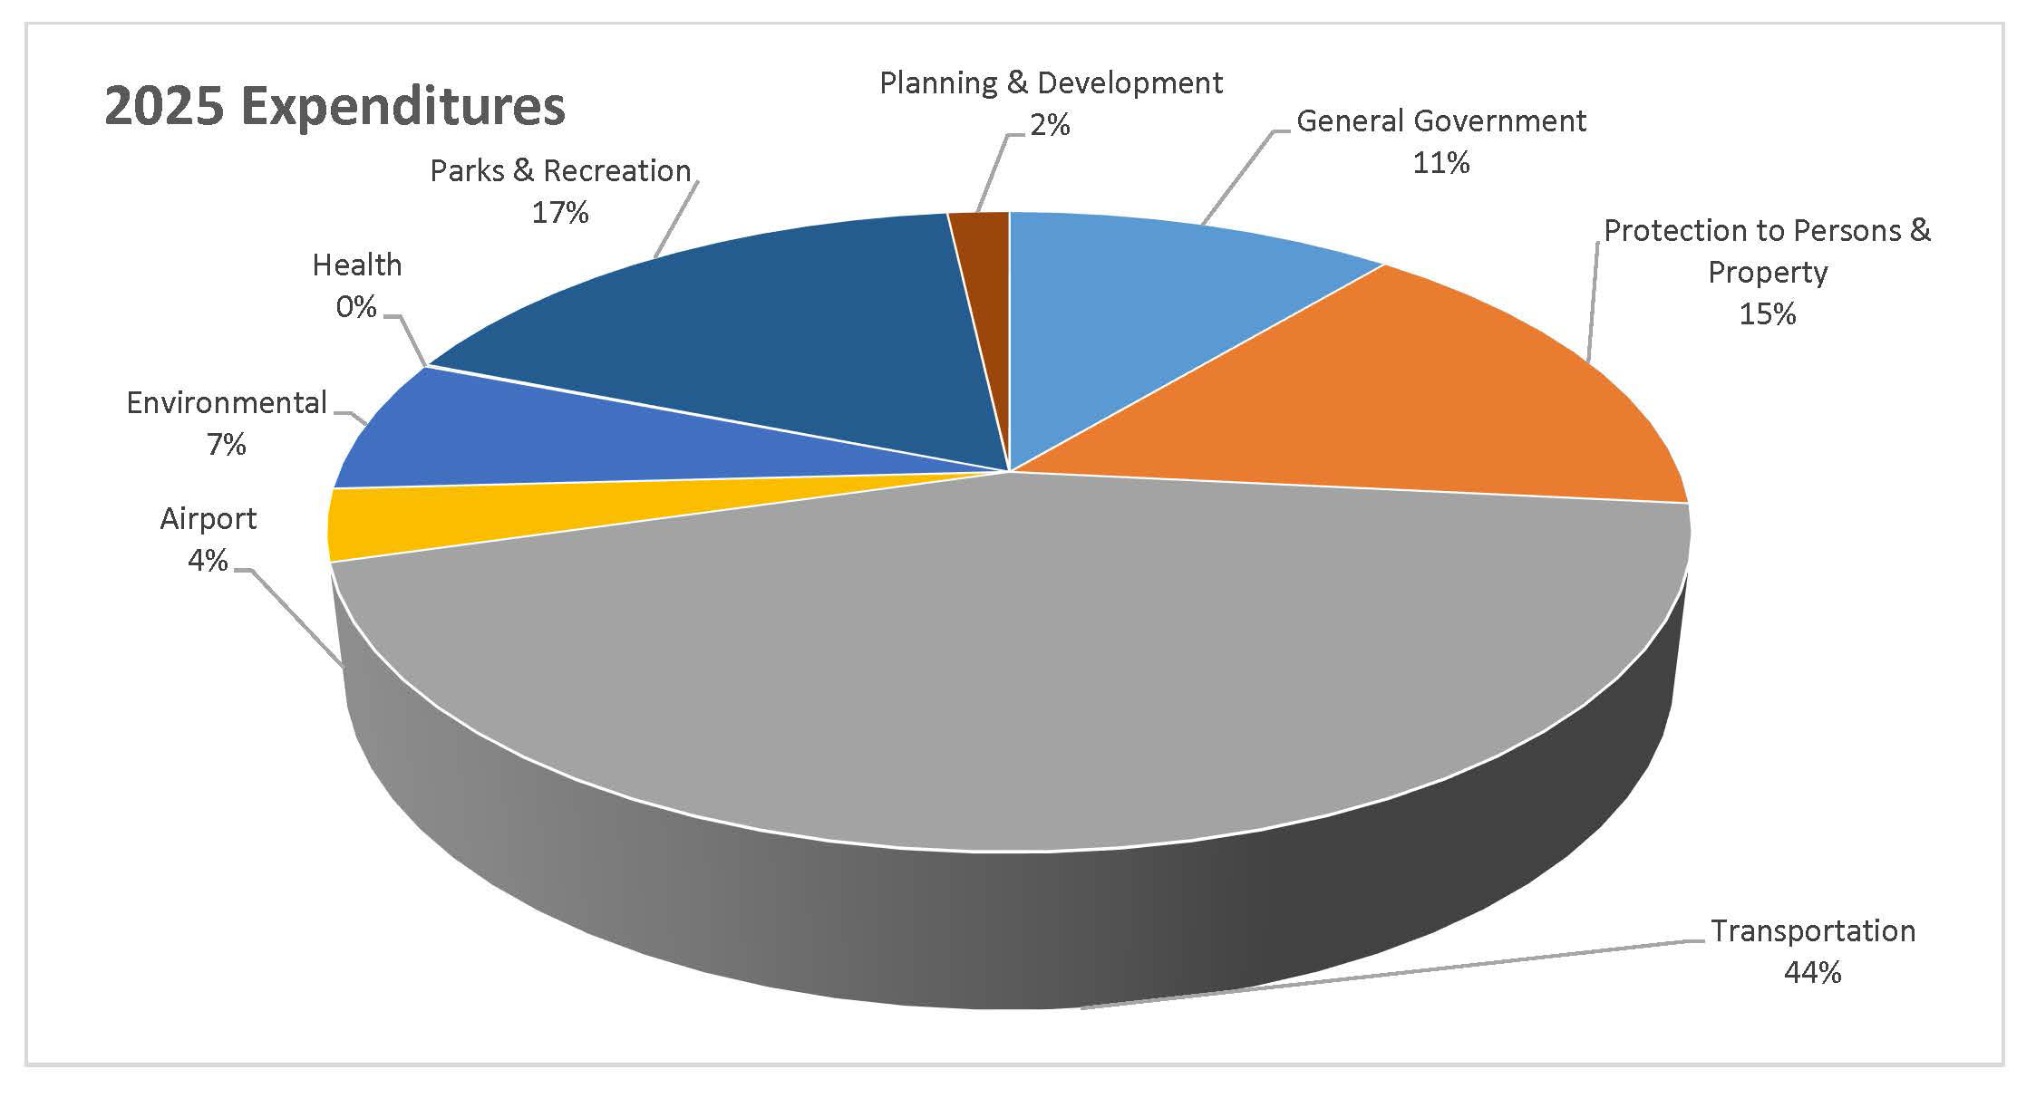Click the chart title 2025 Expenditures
point(334,107)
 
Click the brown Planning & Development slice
point(984,272)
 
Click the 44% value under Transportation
point(1812,973)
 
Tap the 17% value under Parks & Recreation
point(560,213)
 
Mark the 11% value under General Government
point(1440,163)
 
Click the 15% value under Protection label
point(1767,314)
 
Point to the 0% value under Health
point(356,308)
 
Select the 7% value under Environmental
point(226,445)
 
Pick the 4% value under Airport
point(208,561)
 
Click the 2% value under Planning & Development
point(1050,125)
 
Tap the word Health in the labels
point(356,265)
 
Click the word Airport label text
point(208,519)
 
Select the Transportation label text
point(1812,931)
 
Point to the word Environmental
point(227,403)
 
